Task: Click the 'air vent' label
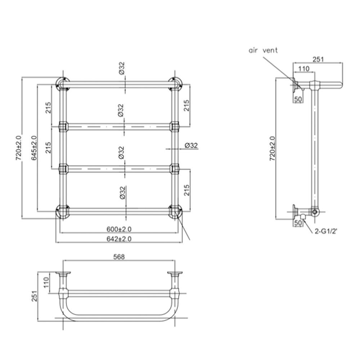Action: [263, 50]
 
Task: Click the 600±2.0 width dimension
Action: [119, 229]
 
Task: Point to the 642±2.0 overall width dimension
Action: [119, 239]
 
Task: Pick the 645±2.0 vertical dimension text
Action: [34, 148]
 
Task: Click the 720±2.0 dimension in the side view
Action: [272, 148]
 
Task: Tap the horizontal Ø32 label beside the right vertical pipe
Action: [191, 145]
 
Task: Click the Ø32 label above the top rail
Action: [122, 68]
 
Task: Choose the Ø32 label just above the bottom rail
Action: [122, 193]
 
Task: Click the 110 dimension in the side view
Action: [305, 69]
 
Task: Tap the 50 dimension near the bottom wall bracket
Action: [298, 223]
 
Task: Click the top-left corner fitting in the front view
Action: [63, 84]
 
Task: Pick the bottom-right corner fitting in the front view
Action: [175, 212]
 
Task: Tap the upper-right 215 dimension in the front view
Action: [186, 105]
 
